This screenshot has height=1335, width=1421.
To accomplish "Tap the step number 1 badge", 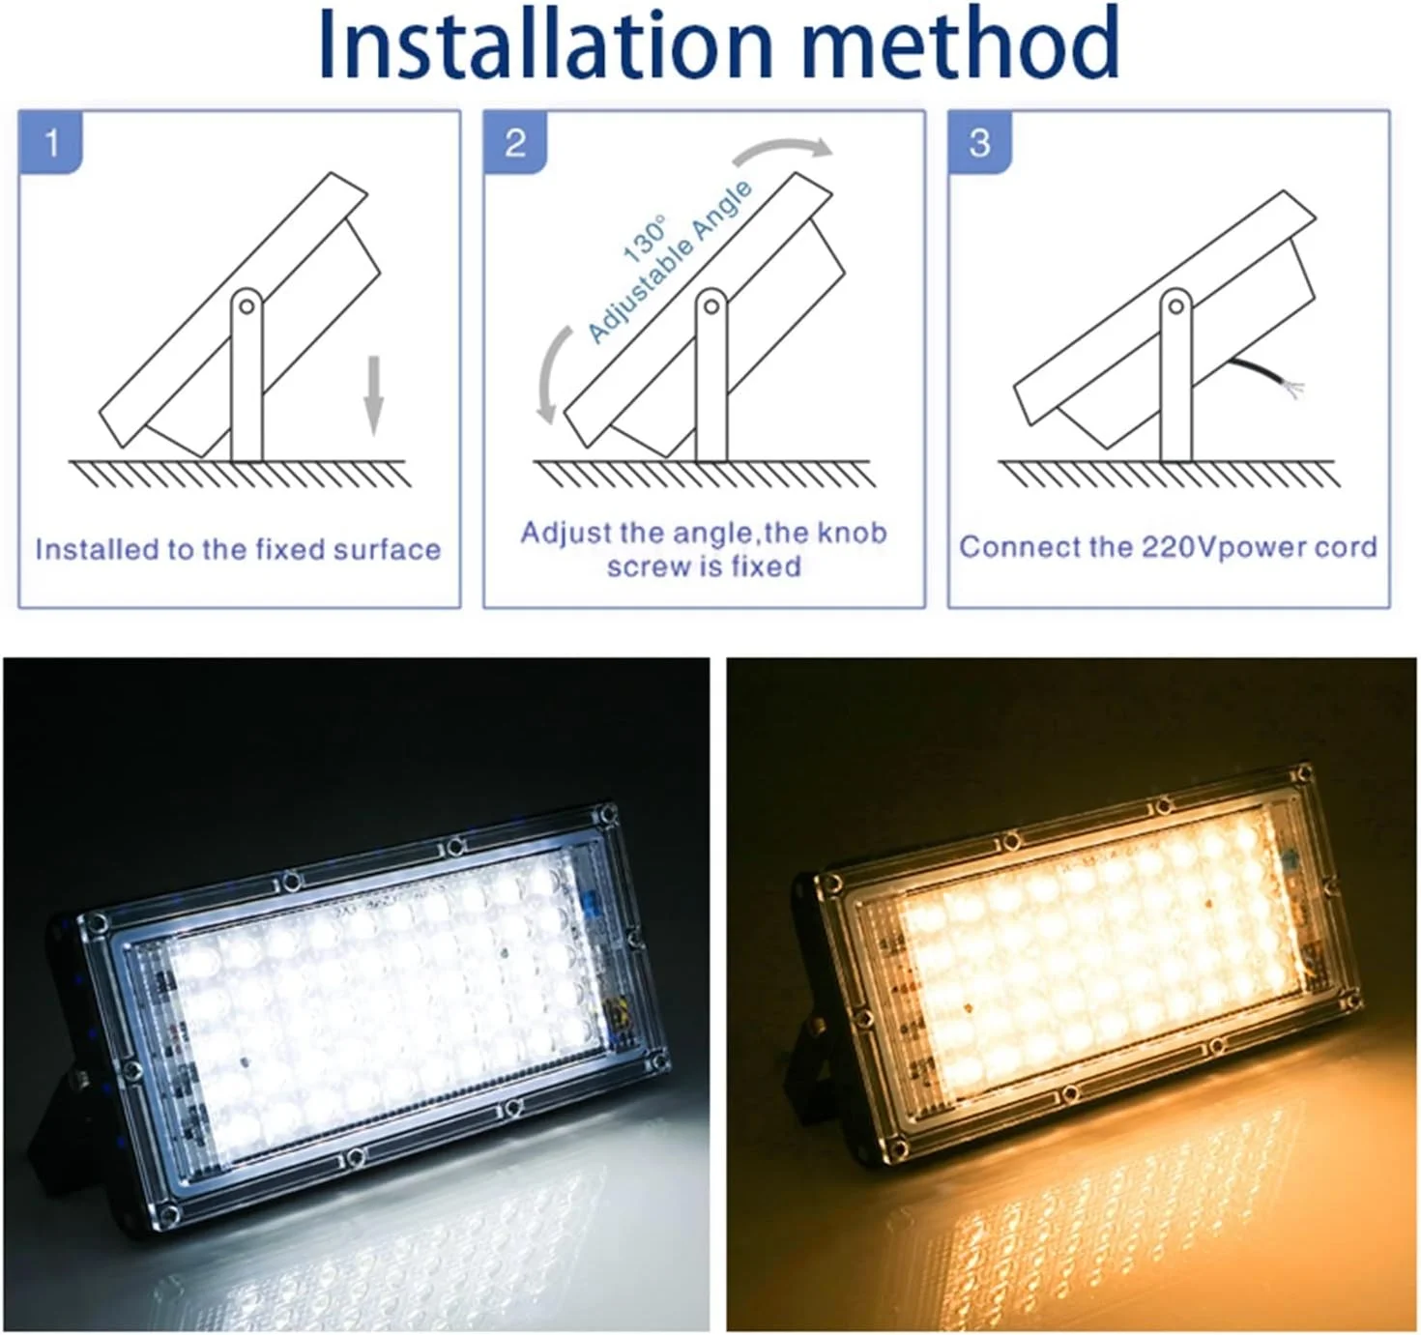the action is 51,142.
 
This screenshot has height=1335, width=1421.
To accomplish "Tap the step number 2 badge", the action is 515,142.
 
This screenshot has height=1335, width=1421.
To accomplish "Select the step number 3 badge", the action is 979,142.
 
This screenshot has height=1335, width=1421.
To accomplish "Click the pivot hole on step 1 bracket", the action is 246,307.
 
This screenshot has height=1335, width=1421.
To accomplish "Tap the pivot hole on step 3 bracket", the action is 1175,307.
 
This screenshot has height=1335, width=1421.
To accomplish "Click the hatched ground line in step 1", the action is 240,473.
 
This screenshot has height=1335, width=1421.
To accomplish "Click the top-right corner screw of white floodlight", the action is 607,812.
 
